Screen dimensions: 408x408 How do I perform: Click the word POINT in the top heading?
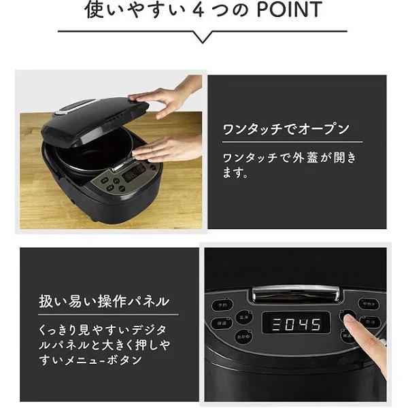point(286,11)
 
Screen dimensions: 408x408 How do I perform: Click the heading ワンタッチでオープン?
point(286,129)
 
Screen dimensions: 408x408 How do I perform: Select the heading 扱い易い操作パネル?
point(104,300)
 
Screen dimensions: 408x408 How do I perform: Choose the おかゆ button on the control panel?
point(243,337)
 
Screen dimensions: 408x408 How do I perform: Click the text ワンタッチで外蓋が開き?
point(289,158)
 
